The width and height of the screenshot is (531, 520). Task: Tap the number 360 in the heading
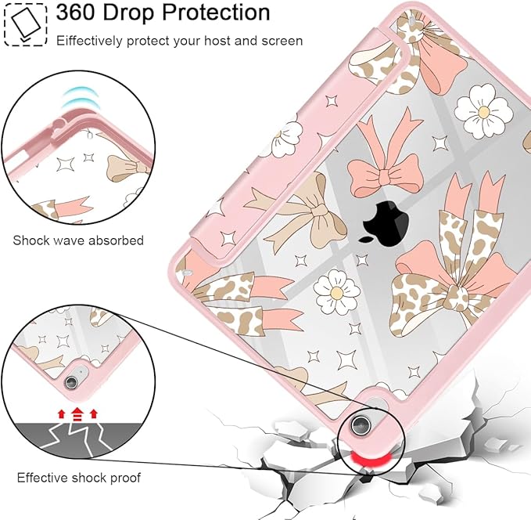75,13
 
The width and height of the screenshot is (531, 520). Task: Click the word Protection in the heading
216,13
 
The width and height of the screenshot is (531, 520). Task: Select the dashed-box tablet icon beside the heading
25,25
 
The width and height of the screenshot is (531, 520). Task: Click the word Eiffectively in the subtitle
89,41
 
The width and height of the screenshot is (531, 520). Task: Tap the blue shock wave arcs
80,98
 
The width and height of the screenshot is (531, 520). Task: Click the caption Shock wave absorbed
78,240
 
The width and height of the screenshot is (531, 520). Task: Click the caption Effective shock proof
78,478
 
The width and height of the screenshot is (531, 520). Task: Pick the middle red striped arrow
77,414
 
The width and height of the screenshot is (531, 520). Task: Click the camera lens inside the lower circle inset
71,382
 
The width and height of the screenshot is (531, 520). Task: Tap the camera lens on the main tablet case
360,424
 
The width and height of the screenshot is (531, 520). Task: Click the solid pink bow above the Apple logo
384,160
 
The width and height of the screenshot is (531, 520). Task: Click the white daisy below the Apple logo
336,291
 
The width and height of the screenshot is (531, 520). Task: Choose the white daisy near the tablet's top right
483,109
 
